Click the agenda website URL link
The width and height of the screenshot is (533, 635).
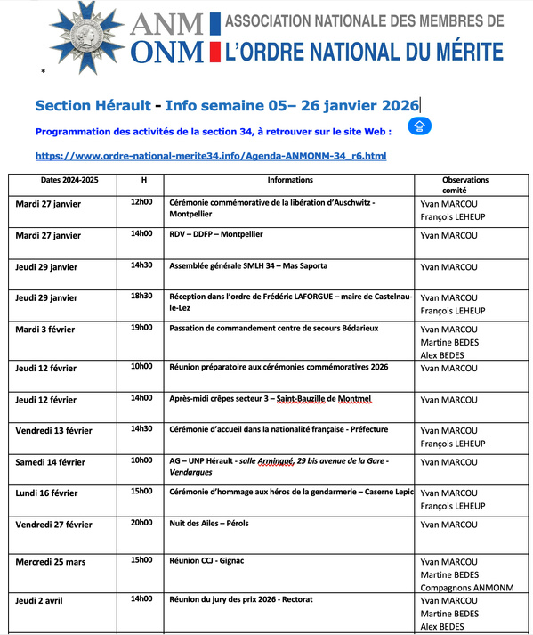(x=210, y=156)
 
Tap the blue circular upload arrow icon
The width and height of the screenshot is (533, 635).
(x=420, y=127)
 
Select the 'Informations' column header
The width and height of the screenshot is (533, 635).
(x=289, y=180)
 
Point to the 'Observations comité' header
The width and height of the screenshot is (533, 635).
(x=464, y=184)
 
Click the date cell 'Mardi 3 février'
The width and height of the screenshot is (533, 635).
(x=45, y=330)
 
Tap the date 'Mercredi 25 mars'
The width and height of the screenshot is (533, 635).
(x=53, y=561)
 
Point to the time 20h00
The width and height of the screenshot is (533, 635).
(x=141, y=524)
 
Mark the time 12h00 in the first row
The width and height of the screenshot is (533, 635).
(x=141, y=202)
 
